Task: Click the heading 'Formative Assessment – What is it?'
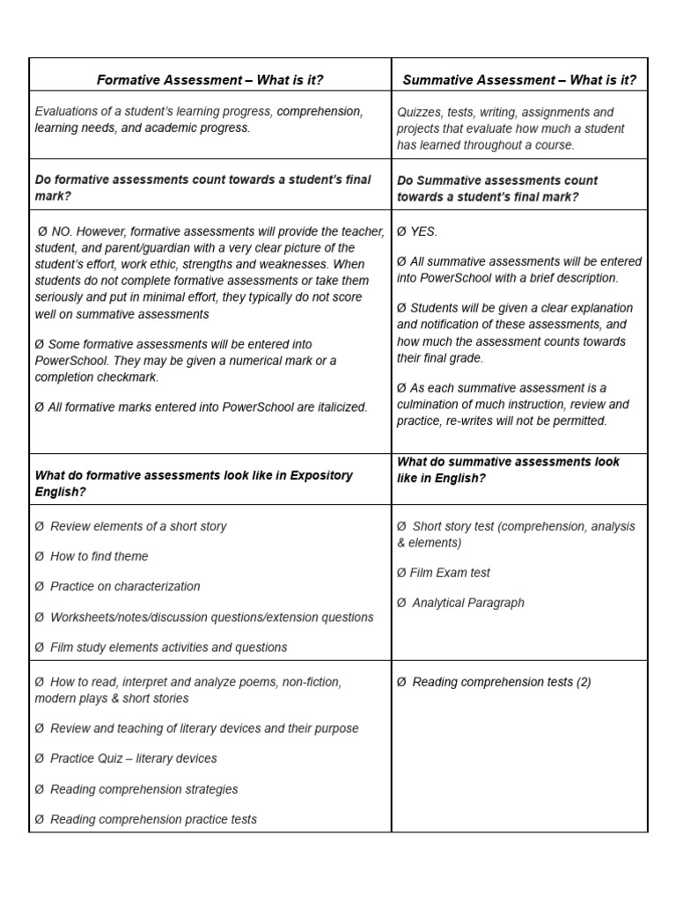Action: pos(209,80)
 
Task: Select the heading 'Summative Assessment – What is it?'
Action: pos(519,80)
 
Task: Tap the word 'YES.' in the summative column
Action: pos(423,231)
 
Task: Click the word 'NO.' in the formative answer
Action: pos(62,231)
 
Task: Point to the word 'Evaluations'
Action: pos(68,112)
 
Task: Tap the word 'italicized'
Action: pos(334,407)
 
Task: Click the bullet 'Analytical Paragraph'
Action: pos(467,603)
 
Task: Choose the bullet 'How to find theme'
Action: pos(99,556)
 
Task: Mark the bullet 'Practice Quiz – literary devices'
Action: pos(133,758)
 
